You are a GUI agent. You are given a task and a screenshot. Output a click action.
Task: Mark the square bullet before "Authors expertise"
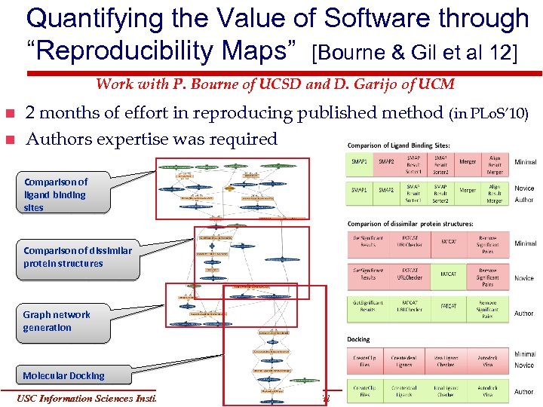pyautogui.click(x=9, y=139)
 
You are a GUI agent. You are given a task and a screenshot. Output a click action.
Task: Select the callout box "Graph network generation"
pyautogui.click(x=57, y=321)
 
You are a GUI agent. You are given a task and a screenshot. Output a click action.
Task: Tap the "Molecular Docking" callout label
pyautogui.click(x=63, y=375)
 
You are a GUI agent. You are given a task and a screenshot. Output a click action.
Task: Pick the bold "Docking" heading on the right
pyautogui.click(x=358, y=339)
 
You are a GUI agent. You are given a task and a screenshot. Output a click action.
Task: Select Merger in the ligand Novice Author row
pyautogui.click(x=468, y=191)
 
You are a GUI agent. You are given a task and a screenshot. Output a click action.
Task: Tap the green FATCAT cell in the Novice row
pyautogui.click(x=448, y=278)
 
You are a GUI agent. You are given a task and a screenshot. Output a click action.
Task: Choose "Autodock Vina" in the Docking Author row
pyautogui.click(x=487, y=392)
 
